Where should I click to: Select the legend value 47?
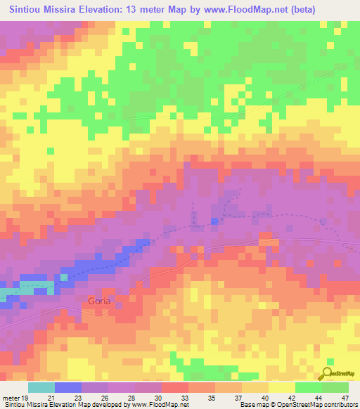click(x=345, y=397)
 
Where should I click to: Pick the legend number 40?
click(x=265, y=397)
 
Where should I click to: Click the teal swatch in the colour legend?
click(x=41, y=387)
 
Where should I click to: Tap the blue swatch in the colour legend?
click(x=67, y=387)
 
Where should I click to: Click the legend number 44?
click(x=319, y=397)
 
